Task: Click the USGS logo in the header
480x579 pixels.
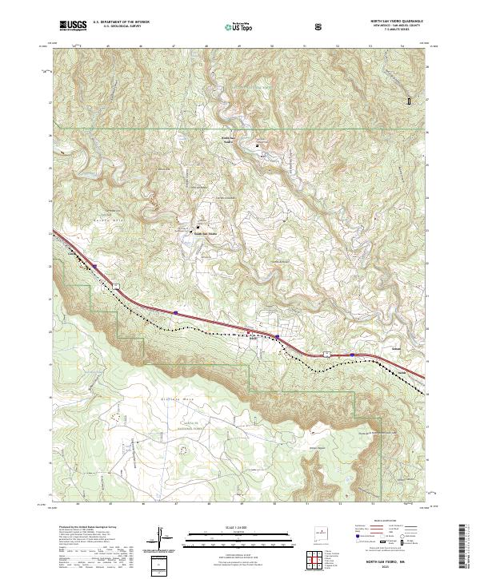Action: (73, 26)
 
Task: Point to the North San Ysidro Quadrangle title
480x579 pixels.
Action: (392, 21)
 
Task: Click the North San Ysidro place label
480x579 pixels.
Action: (230, 141)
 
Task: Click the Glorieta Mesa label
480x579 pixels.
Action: (165, 395)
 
